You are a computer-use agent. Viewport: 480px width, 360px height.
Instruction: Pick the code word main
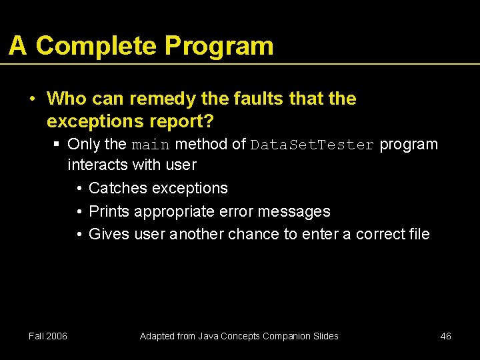[x=151, y=145]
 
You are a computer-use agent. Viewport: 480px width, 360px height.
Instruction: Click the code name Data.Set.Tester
[x=311, y=145]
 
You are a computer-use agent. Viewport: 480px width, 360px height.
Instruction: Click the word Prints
[x=109, y=211]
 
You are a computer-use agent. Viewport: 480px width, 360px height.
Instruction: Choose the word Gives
[x=109, y=234]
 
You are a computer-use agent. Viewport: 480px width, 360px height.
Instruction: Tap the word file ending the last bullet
[x=419, y=234]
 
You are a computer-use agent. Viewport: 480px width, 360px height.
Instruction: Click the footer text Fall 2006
[x=48, y=336]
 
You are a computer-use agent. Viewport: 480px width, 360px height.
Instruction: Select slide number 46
[x=445, y=336]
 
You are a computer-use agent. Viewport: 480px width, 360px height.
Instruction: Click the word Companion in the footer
[x=287, y=336]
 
